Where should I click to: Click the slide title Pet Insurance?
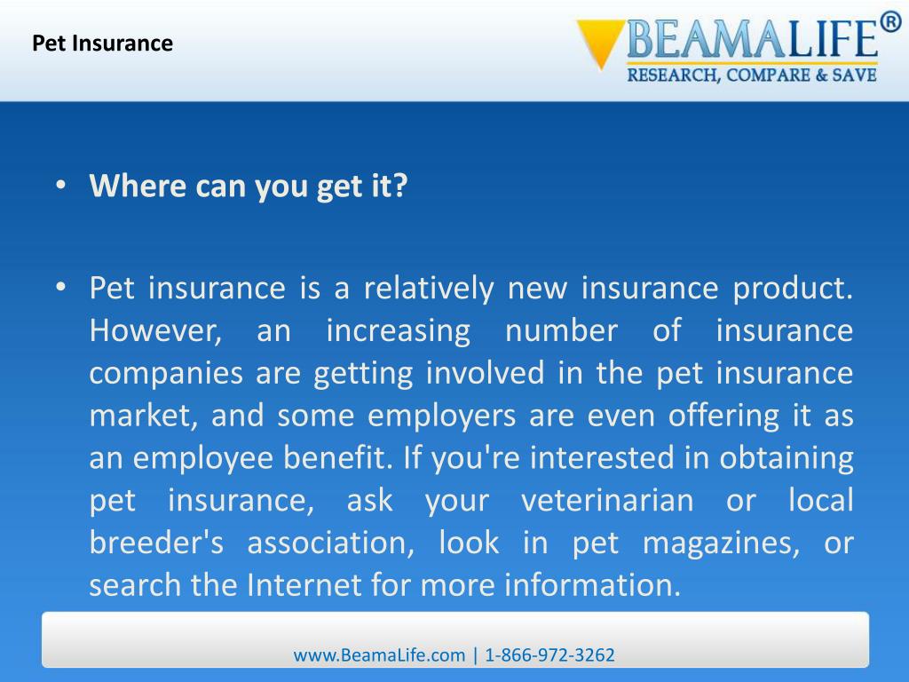103,43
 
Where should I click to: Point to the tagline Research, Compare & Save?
752,75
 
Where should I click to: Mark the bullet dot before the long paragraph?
60,288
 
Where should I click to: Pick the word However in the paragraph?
155,331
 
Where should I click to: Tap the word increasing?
398,331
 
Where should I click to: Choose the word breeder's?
156,543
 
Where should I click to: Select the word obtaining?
786,459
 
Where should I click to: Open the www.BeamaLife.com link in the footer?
379,655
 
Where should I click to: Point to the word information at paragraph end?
591,586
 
